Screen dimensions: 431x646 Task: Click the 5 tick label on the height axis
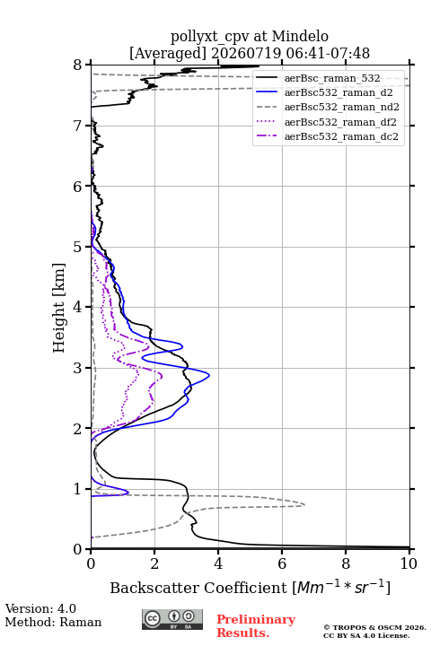pyautogui.click(x=78, y=247)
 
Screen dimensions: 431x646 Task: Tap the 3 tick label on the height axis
pyautogui.click(x=78, y=368)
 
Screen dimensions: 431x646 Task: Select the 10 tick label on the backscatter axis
pyautogui.click(x=409, y=563)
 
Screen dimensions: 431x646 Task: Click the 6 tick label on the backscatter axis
pyautogui.click(x=282, y=563)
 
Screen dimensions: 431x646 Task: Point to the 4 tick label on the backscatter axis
pyautogui.click(x=218, y=563)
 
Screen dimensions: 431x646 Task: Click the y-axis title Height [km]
pyautogui.click(x=59, y=308)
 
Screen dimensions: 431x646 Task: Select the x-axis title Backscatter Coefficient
pyautogui.click(x=198, y=588)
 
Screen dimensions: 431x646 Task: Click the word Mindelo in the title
pyautogui.click(x=300, y=36)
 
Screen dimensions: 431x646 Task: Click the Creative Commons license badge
pyautogui.click(x=172, y=619)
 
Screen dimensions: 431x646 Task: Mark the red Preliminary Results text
pyautogui.click(x=256, y=626)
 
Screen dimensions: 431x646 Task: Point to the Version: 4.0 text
pyautogui.click(x=40, y=608)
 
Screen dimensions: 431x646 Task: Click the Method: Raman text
pyautogui.click(x=53, y=622)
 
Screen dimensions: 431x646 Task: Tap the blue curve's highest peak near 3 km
pyautogui.click(x=209, y=375)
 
